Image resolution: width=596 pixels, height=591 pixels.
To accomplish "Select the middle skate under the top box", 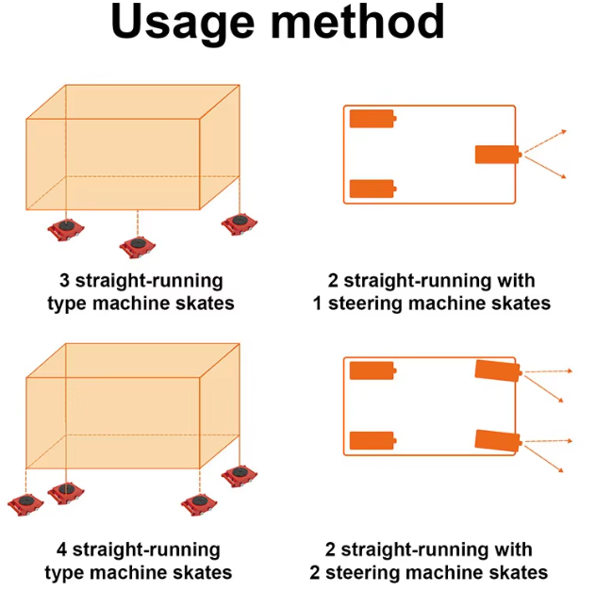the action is point(138,246).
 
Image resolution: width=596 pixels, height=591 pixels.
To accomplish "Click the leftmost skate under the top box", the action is point(66,228).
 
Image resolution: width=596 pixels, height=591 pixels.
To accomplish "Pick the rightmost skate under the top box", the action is point(240,222).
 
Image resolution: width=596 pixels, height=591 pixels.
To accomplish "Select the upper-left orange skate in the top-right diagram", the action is point(372,119).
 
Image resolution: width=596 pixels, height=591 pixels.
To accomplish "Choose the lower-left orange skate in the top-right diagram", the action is point(372,189).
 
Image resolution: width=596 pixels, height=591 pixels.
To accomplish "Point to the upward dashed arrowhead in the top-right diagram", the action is point(563,131).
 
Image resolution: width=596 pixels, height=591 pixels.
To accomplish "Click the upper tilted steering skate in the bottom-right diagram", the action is point(497,370).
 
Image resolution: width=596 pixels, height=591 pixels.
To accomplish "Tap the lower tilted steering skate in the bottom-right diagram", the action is point(497,440).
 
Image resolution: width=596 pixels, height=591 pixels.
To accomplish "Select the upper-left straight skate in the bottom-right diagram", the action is point(372,369).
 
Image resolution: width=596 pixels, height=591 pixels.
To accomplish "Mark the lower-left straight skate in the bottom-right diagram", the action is point(372,440).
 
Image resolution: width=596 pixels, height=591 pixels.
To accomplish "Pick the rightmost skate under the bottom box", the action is point(240,474).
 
